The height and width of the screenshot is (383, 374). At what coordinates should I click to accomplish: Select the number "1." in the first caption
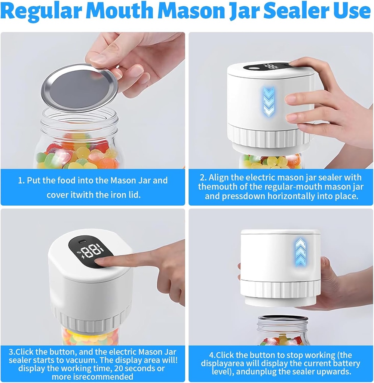click(21, 181)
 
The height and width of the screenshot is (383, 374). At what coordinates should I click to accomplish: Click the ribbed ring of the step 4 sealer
click(280, 288)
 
